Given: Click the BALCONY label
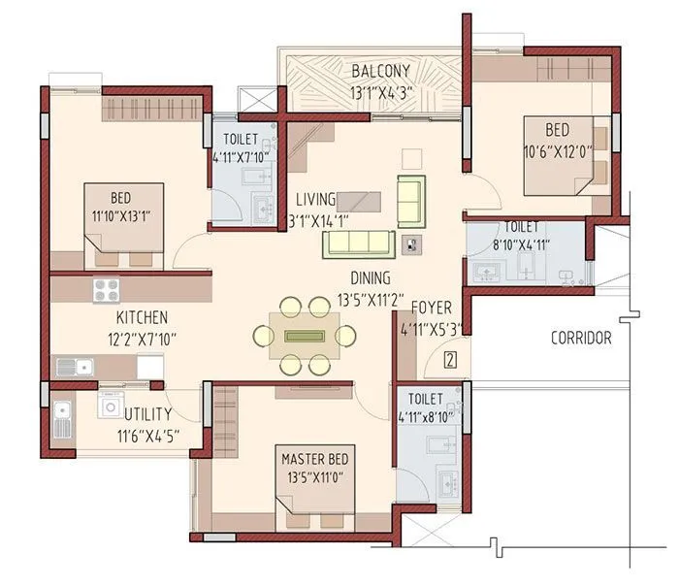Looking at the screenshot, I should (380, 71).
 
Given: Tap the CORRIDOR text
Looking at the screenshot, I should (581, 339).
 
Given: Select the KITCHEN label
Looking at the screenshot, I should (142, 318).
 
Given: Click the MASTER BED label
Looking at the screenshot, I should (317, 457).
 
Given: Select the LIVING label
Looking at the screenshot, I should (315, 199).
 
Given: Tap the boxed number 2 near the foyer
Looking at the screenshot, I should (450, 361).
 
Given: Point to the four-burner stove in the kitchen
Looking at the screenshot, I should (106, 289).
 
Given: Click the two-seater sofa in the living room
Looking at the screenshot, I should (411, 201).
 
